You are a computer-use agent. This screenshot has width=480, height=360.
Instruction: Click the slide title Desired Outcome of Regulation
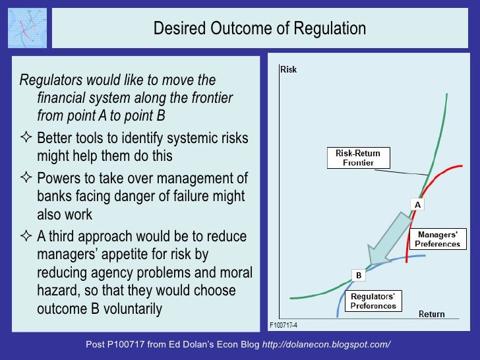pyautogui.click(x=259, y=28)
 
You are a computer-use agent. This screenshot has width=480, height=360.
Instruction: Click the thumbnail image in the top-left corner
pyautogui.click(x=26, y=28)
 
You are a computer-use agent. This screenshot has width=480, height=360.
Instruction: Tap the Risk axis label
pyautogui.click(x=288, y=69)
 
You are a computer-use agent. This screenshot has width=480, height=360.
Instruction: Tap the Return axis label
pyautogui.click(x=431, y=314)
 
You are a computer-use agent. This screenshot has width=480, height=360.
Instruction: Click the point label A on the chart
pyautogui.click(x=417, y=205)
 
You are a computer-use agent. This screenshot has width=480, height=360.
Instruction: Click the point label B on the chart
pyautogui.click(x=359, y=275)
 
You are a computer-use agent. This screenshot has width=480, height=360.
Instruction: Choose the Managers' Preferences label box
pyautogui.click(x=437, y=239)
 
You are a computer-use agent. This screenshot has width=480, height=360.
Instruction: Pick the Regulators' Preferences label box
pyautogui.click(x=373, y=301)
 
